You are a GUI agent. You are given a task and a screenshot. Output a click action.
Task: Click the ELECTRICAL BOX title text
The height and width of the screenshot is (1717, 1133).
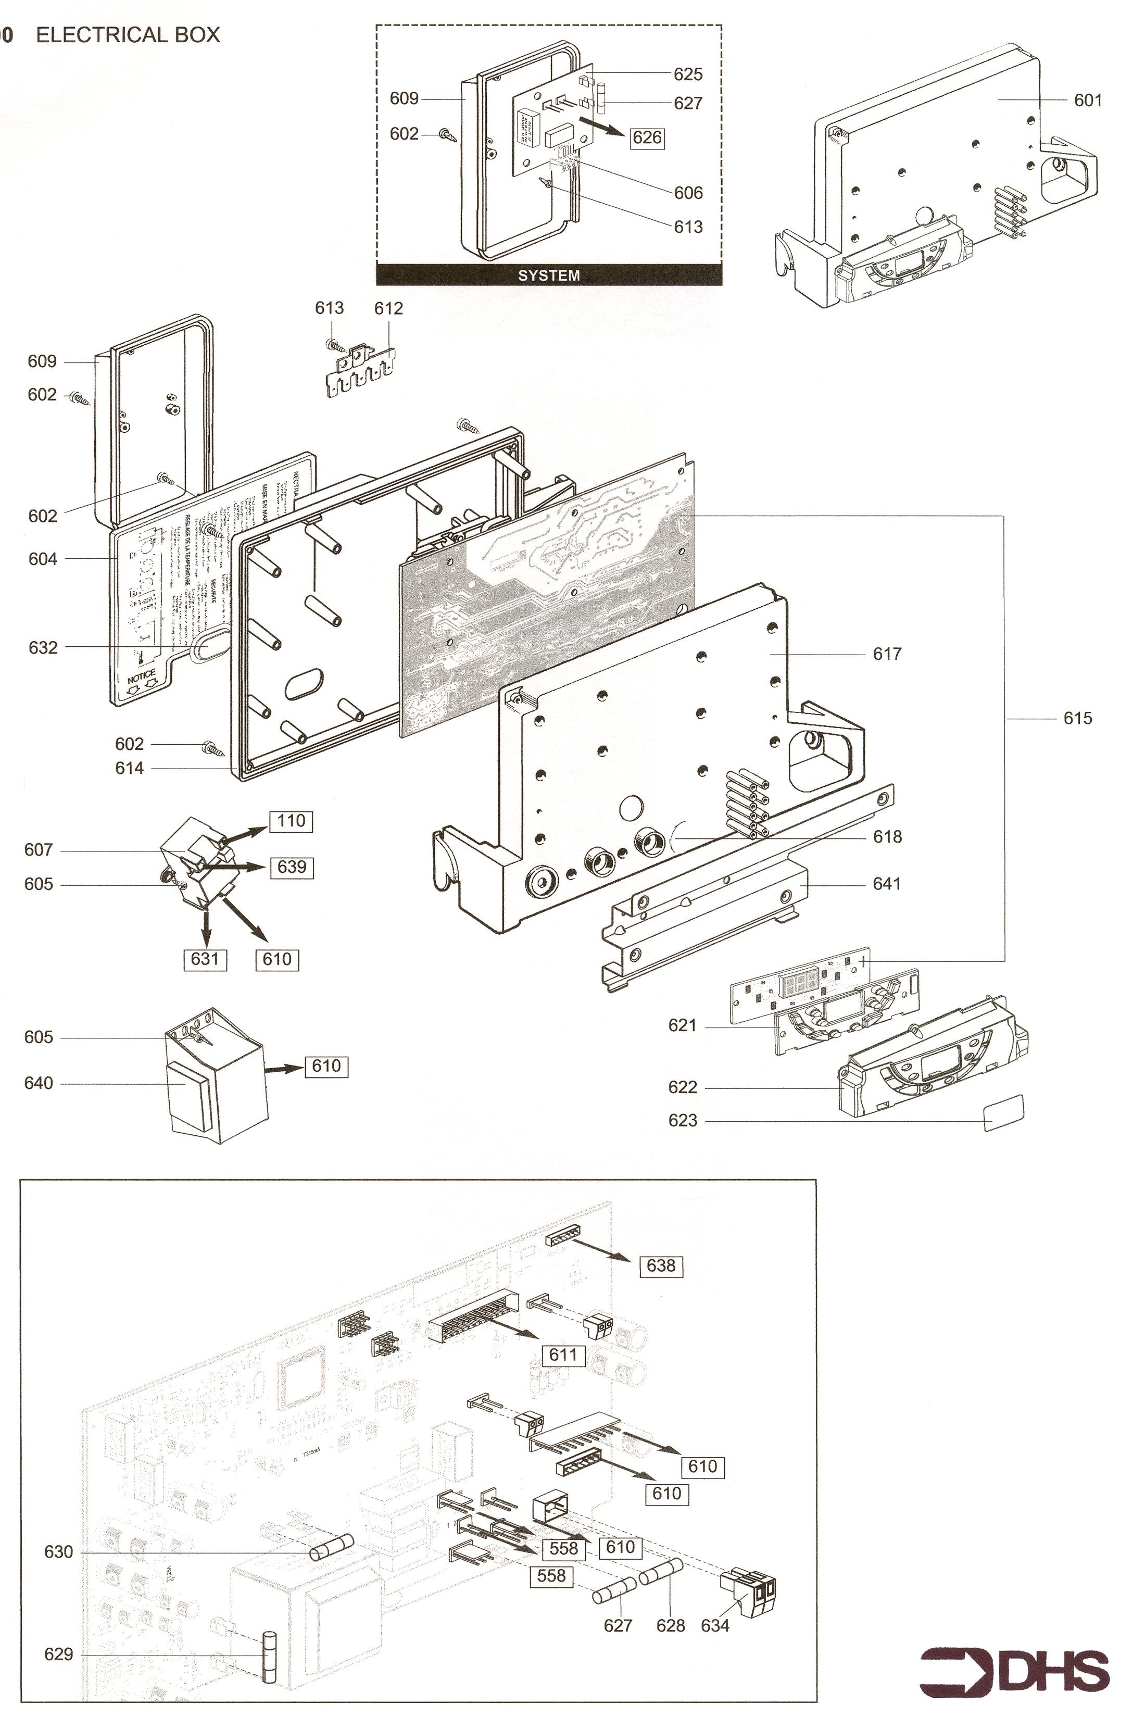pos(128,35)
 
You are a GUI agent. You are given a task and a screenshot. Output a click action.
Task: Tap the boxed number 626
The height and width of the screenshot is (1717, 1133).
pos(647,137)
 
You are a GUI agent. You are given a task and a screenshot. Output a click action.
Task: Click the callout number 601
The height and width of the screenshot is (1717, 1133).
pos(1088,101)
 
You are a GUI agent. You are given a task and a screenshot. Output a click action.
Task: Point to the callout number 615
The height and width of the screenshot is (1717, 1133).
pos(1077,718)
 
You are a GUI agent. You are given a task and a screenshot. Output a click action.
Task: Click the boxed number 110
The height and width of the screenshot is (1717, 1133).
pos(291,821)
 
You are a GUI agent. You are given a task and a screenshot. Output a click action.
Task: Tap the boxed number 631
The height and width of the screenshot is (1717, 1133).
pos(205,959)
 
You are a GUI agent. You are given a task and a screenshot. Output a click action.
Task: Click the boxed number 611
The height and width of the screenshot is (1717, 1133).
pos(563,1354)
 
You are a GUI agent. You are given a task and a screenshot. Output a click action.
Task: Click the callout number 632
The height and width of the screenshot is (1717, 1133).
pos(43,647)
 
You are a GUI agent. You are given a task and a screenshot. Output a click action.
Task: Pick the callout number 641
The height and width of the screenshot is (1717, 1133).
pos(887,884)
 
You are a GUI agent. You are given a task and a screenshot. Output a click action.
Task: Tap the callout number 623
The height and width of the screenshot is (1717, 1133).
pos(683,1121)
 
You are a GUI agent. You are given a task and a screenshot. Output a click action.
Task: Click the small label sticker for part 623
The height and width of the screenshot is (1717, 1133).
pos(1004,1112)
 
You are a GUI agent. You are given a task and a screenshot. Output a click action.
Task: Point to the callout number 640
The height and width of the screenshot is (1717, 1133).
pos(39,1083)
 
